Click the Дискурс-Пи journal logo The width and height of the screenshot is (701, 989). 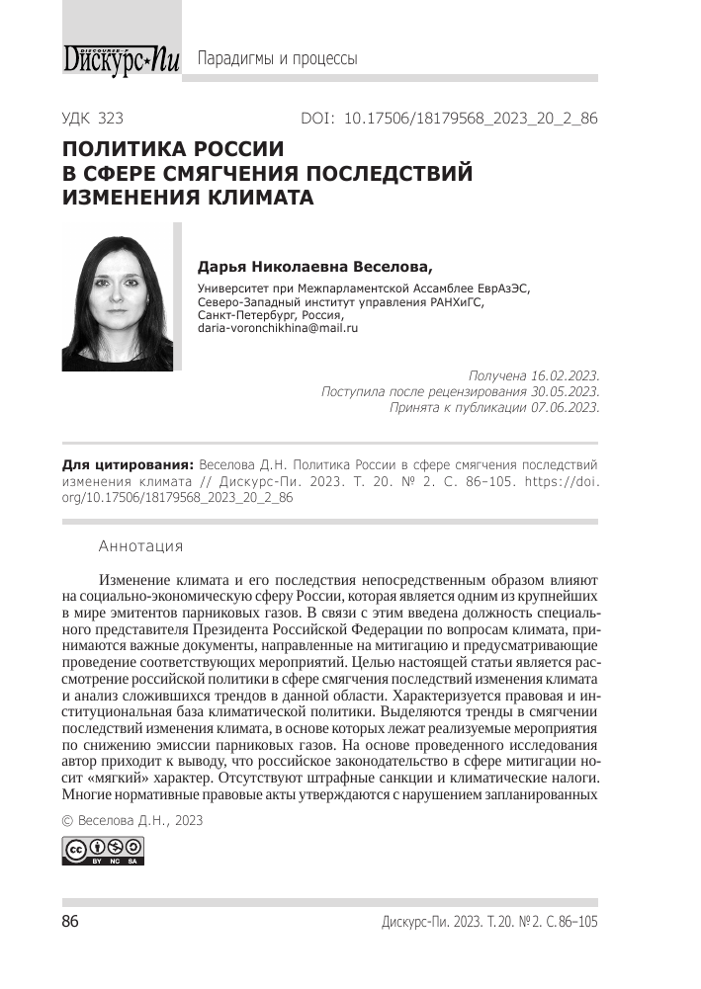(x=121, y=58)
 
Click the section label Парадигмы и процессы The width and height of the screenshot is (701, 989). (x=278, y=58)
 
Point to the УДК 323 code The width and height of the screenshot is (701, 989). (x=92, y=119)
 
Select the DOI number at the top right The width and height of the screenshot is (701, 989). (x=471, y=119)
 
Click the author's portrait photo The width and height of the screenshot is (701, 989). (x=117, y=297)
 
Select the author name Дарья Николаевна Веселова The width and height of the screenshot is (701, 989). (x=315, y=266)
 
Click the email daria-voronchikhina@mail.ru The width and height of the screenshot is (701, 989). (x=278, y=326)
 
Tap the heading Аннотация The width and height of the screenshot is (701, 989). (x=140, y=545)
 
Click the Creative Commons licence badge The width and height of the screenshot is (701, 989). (x=103, y=851)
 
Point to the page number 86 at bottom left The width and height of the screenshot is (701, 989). (x=70, y=922)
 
